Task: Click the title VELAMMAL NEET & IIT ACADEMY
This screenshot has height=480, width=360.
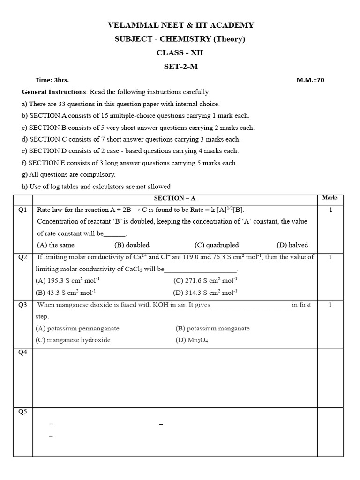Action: click(180, 25)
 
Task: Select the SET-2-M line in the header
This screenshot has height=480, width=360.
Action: click(180, 66)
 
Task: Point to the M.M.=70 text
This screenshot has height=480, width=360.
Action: click(310, 80)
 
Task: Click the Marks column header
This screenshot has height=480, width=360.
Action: click(330, 198)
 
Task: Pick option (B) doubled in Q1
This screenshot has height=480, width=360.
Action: click(132, 245)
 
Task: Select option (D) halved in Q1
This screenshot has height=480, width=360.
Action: click(292, 245)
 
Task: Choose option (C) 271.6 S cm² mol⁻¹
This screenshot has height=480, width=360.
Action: click(205, 281)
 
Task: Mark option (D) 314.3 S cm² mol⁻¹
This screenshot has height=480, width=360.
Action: click(205, 292)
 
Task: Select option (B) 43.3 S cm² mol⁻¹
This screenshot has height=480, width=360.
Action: click(66, 292)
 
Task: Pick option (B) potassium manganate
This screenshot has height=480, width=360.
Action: click(212, 328)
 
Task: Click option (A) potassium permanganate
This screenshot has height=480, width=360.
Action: click(77, 328)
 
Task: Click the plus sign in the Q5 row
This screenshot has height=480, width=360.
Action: click(51, 437)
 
